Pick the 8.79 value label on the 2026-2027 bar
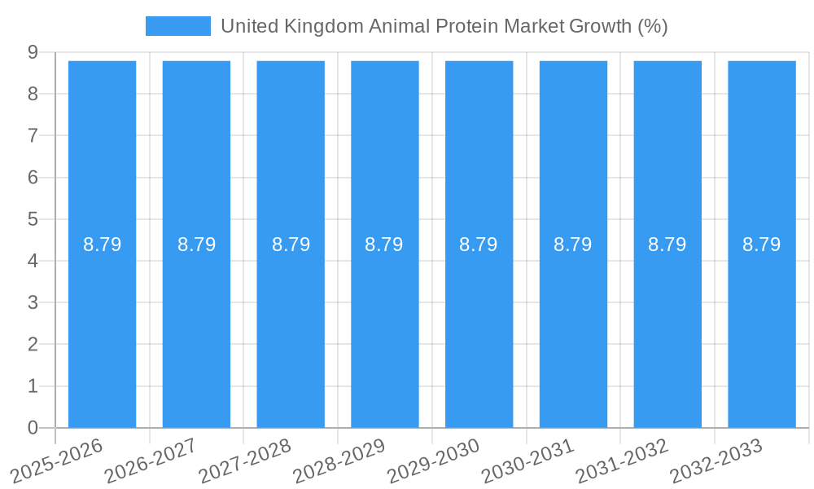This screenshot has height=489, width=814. point(196,244)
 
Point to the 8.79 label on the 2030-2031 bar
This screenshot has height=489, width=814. point(573,244)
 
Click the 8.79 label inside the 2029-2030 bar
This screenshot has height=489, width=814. point(479,244)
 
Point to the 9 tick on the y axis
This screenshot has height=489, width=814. point(33,52)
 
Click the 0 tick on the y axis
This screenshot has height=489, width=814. point(33,428)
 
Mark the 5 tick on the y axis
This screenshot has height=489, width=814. point(33,219)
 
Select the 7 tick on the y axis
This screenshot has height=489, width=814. point(33,135)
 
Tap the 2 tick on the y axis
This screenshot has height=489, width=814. point(33,345)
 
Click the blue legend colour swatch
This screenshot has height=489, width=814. point(177,26)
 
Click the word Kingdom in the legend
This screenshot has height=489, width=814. point(324,26)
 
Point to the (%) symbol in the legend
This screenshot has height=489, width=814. point(653,26)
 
